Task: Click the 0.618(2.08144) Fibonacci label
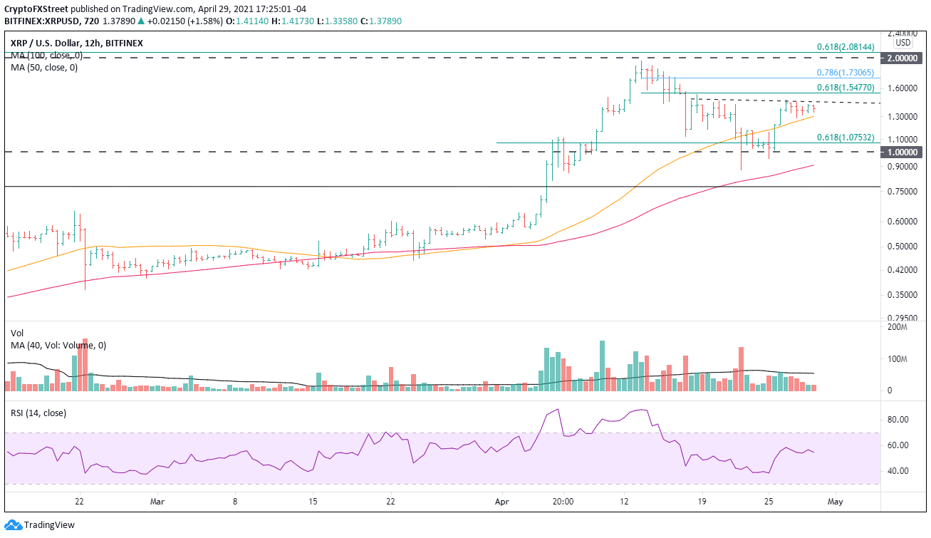[848, 47]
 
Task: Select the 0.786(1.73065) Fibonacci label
[848, 73]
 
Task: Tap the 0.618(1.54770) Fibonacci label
[848, 87]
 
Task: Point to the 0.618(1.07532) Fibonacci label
[848, 138]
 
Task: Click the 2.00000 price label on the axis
[904, 59]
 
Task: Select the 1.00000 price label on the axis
[904, 152]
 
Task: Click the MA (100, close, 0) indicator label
[47, 56]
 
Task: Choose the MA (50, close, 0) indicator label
[44, 68]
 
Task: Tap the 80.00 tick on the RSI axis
[898, 420]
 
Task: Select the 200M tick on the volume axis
[896, 327]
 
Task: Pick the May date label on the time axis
[836, 501]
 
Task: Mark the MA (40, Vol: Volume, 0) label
[58, 345]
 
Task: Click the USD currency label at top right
[904, 42]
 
